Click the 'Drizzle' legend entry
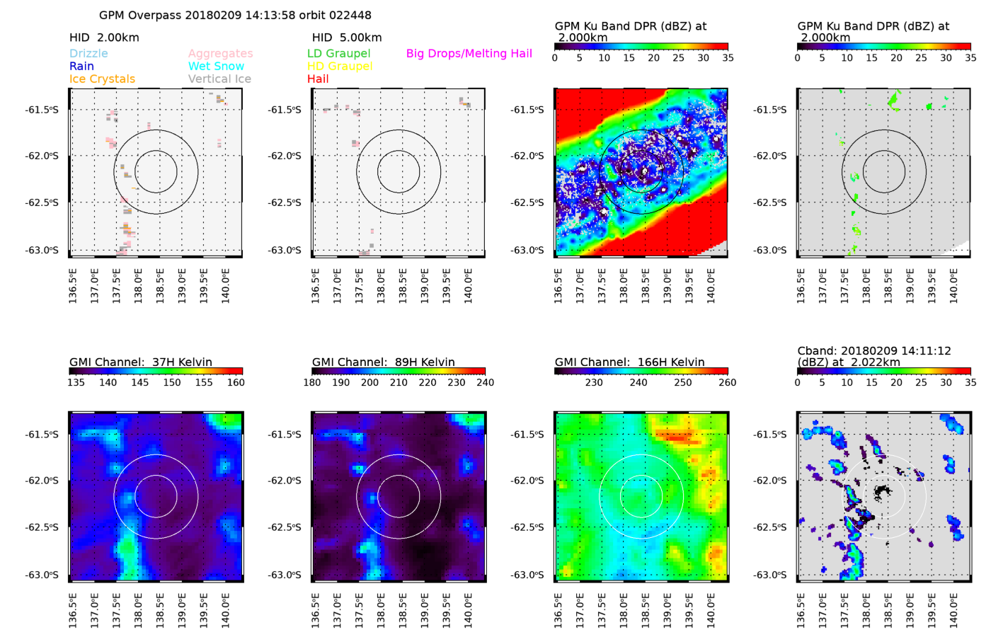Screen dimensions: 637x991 coord(88,54)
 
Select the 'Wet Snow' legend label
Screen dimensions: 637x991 coord(216,67)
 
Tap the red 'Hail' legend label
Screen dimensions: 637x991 coord(318,79)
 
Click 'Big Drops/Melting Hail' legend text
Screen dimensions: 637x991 coord(469,54)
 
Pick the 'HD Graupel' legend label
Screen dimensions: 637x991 coord(340,67)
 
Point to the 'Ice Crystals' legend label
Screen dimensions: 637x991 coord(102,79)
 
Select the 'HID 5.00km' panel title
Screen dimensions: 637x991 coord(347,38)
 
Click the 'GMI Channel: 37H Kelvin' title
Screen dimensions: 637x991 coord(141,362)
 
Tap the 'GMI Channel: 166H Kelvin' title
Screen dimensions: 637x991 coord(629,362)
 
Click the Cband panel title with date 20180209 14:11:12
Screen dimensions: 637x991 coord(874,356)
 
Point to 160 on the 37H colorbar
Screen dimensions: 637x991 coord(236,383)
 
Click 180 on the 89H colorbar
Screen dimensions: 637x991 coord(312,383)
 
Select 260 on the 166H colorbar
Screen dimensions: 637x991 coord(727,383)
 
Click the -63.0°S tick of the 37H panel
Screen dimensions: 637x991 coord(42,575)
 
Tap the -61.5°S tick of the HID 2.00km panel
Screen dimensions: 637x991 coord(42,110)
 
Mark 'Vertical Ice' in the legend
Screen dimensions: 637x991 coord(219,79)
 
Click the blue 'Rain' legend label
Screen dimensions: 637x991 coord(81,67)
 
